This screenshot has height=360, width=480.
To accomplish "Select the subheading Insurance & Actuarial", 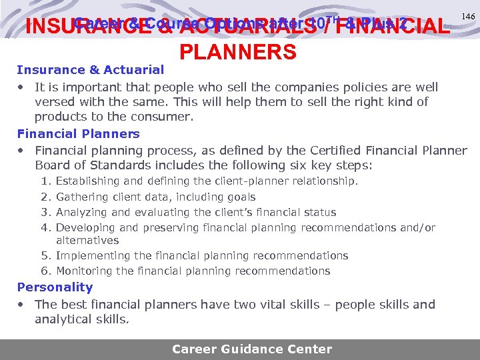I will [x=90, y=70].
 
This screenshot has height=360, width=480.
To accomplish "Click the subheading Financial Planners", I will [x=78, y=133].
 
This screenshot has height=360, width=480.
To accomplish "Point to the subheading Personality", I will [x=55, y=287].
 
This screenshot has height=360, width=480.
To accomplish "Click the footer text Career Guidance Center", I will [x=251, y=349].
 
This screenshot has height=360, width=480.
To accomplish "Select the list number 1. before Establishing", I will [x=45, y=181].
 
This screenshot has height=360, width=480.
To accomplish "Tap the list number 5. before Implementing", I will [x=45, y=256].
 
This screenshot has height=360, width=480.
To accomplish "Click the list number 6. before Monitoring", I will [x=45, y=271].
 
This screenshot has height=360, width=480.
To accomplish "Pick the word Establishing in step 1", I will [x=89, y=181].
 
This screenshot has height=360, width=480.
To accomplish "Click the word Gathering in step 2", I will [x=81, y=197].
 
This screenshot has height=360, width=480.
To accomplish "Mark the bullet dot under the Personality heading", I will [x=22, y=305].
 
